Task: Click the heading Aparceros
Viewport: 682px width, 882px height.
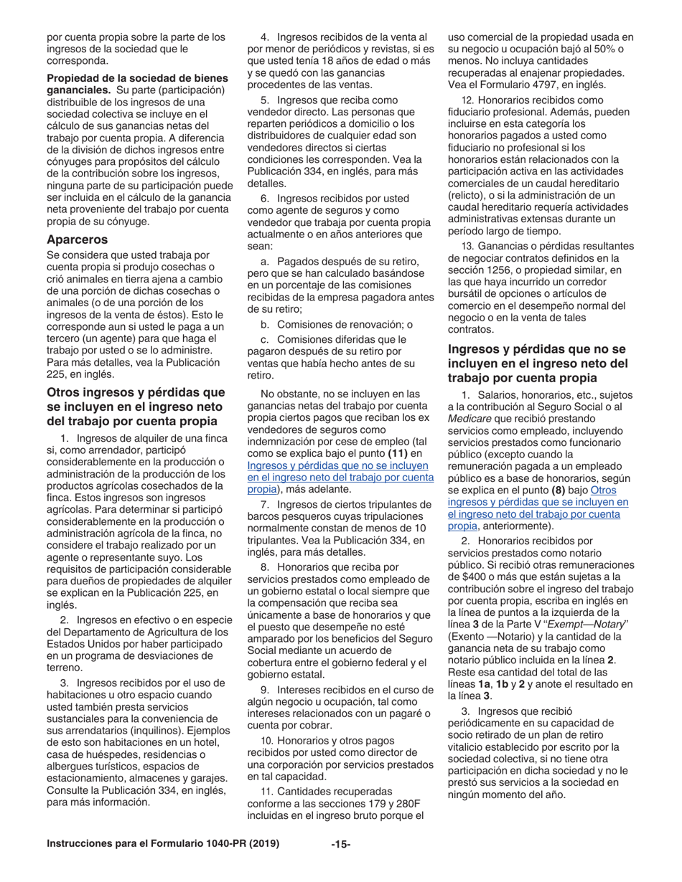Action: (x=78, y=240)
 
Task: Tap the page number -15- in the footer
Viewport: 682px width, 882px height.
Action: (x=341, y=844)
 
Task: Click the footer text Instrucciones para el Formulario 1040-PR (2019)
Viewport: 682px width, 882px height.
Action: (x=163, y=843)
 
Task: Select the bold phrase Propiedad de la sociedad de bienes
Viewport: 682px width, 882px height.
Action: (x=137, y=77)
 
